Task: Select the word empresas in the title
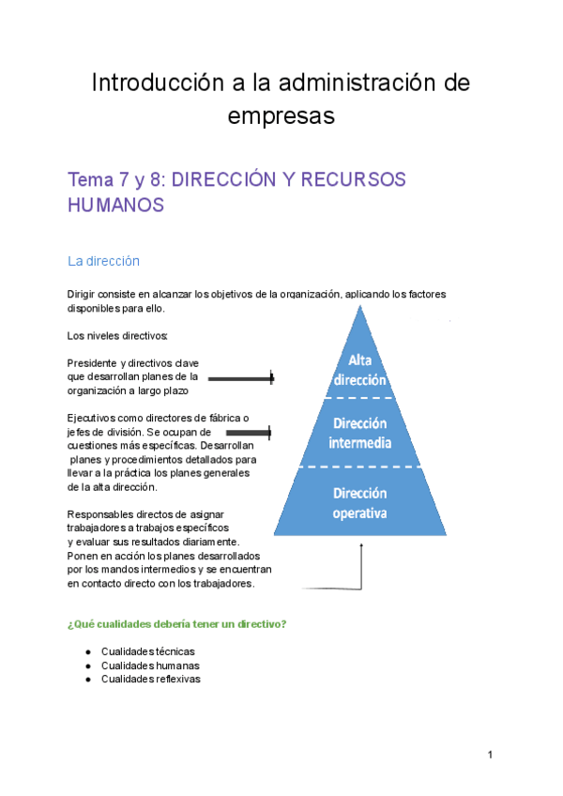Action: tap(281, 116)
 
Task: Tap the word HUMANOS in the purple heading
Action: tap(116, 205)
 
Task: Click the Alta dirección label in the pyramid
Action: tap(360, 371)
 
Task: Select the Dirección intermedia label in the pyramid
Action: tap(361, 433)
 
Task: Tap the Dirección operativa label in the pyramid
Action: tap(361, 503)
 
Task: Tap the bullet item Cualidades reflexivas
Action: tap(150, 679)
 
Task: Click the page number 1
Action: tap(490, 755)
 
